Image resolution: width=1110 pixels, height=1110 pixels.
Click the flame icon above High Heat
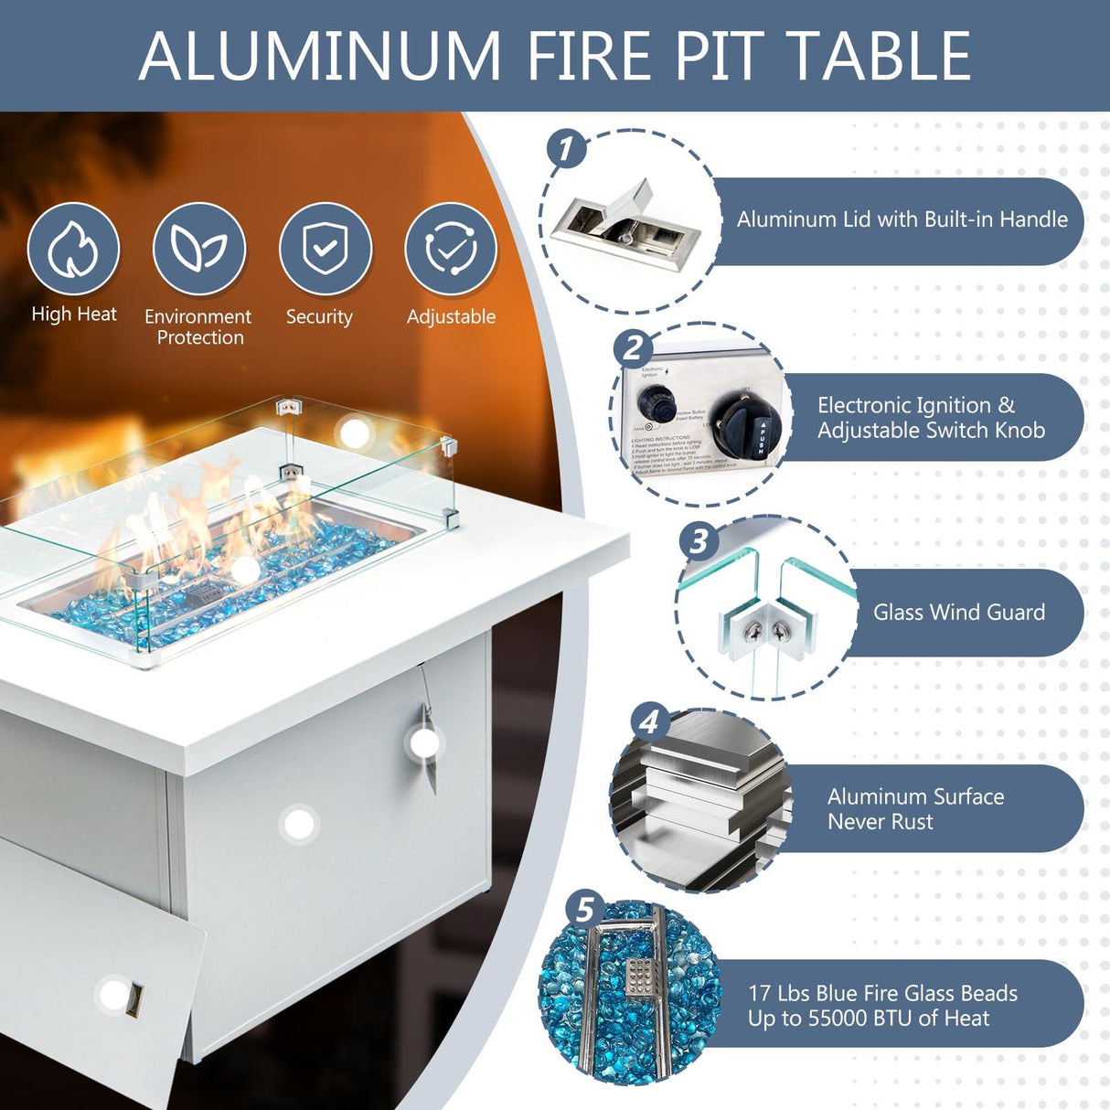73,249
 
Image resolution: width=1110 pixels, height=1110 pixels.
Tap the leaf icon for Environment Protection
198,249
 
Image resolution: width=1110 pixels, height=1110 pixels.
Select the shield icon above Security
325,249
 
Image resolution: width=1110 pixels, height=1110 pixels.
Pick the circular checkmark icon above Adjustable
451,249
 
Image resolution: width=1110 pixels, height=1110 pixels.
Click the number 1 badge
566,148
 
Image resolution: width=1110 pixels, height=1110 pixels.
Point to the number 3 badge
699,540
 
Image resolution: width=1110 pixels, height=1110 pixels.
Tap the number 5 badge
584,910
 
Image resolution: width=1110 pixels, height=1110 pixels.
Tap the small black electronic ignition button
656,401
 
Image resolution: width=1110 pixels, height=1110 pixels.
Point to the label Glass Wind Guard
958,612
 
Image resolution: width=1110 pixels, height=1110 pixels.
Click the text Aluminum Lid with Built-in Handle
902,219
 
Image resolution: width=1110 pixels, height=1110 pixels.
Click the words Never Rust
880,821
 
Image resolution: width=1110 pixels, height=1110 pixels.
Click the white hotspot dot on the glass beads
245,571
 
